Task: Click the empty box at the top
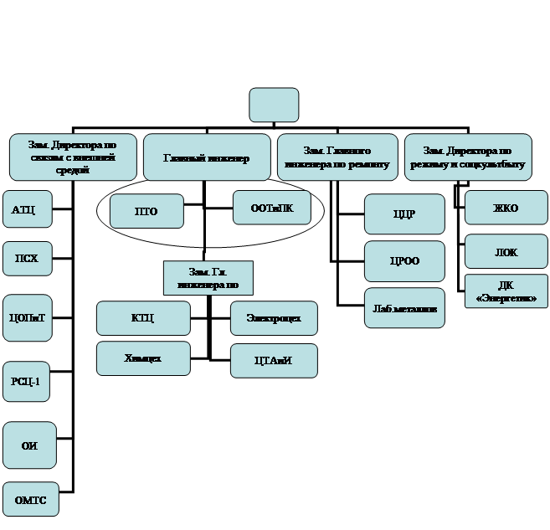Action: pos(273,105)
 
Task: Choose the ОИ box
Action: pos(29,446)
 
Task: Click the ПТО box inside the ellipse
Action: pos(146,211)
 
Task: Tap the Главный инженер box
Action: pos(207,157)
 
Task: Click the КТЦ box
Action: pos(142,318)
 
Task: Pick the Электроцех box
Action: pos(274,318)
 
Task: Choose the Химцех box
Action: pos(142,358)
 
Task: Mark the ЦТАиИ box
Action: pos(274,361)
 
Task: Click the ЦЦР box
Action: pos(404,214)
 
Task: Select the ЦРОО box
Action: pos(404,261)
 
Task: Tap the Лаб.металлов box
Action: pos(404,308)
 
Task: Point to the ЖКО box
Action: pos(506,208)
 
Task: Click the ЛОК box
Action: pos(506,251)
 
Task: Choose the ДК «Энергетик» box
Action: pos(506,291)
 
